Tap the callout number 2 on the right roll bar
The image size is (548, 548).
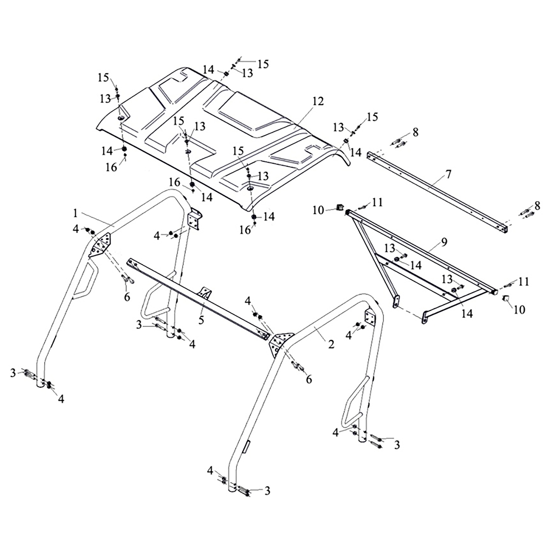pyautogui.click(x=331, y=344)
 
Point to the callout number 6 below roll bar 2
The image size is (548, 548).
pyautogui.click(x=309, y=379)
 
